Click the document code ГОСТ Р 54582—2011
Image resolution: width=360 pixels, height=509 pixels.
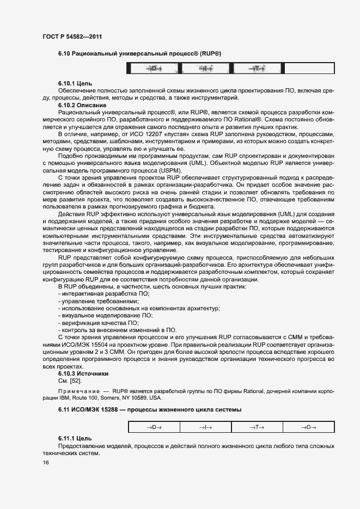click(72, 36)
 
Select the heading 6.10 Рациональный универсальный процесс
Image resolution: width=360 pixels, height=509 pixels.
click(139, 53)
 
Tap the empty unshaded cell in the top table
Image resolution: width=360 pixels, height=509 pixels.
click(308, 69)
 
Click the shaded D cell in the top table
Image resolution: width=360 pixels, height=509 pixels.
click(153, 69)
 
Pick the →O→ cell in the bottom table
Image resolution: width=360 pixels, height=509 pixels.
click(308, 427)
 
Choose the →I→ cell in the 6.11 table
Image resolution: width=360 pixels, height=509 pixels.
click(205, 427)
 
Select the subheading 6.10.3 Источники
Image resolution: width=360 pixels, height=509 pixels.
click(83, 374)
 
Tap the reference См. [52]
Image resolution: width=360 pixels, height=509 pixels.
click(70, 381)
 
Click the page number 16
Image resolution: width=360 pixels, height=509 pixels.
click(46, 463)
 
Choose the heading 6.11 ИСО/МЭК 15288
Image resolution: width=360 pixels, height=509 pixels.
click(150, 409)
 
